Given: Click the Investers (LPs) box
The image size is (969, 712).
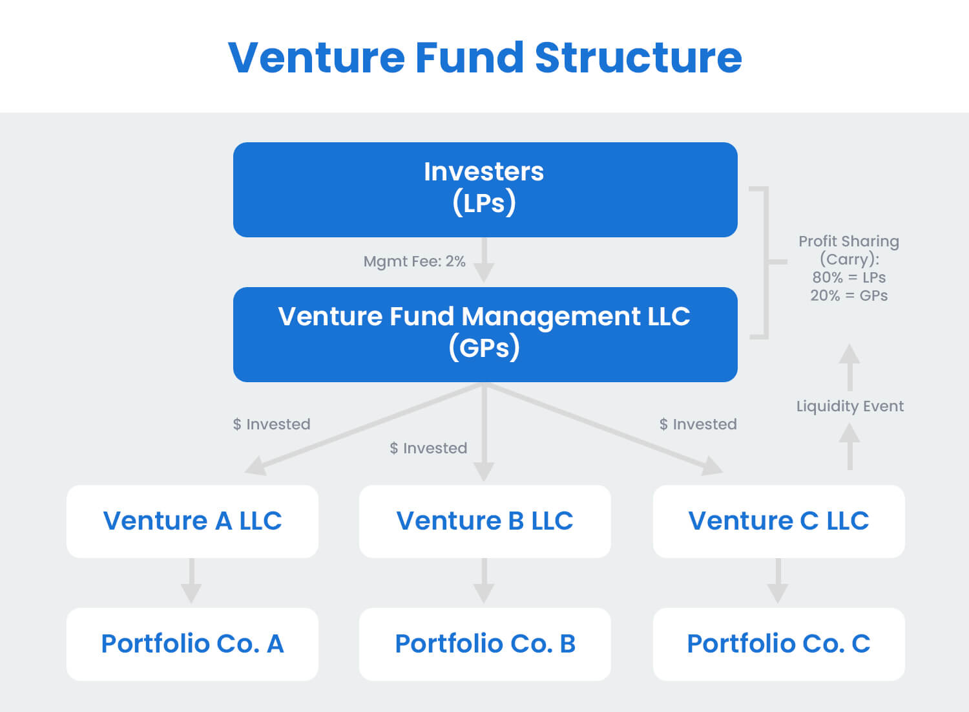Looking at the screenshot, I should pos(484,189).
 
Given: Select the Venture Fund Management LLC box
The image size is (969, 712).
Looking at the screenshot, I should pos(484,334).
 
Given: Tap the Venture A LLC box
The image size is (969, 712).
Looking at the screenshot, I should pos(193,521).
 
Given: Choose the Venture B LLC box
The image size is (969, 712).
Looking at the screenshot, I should pos(484,521).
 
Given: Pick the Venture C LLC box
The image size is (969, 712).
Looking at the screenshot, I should pos(778,521).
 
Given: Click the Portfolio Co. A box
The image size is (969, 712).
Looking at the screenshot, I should pos(193,644).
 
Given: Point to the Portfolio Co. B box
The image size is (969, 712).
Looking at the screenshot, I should pos(484,644).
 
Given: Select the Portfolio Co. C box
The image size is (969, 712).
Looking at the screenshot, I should pos(778,644).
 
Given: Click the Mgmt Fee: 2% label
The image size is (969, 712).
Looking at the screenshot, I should pos(414,261).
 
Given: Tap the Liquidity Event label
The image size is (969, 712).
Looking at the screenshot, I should pos(849,406).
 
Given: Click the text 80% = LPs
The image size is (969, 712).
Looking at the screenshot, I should pos(849,277).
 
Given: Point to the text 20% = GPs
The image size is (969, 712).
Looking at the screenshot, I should pos(849,296).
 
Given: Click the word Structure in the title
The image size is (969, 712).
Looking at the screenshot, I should pos(638,58).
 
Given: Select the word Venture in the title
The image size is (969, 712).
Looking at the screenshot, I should pos(316,58).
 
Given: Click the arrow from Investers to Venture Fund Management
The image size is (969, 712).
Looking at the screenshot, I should pos(484,261).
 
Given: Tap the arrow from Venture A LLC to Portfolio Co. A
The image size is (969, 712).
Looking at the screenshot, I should pos(191,581).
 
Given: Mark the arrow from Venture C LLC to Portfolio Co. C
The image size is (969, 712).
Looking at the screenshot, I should pos(778,581).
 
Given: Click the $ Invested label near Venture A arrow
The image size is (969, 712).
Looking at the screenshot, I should pos(271,424).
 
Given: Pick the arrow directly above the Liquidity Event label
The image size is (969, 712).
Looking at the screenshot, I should pos(849,366).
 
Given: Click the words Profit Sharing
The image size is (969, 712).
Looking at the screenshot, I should pos(849,241).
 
